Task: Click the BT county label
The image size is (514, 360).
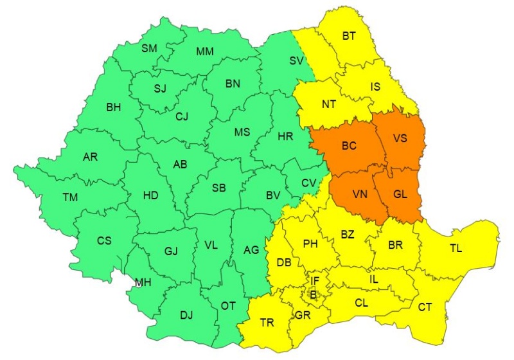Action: pos(349,36)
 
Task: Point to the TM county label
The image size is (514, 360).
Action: pos(69,197)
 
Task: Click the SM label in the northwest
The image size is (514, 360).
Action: pos(149,48)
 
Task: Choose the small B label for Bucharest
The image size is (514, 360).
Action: pos(314,294)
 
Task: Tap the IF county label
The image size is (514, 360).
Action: pos(314,281)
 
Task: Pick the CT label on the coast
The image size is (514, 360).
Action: pos(425,307)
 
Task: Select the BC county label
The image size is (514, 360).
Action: pos(349,147)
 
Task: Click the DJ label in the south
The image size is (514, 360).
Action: pos(186,315)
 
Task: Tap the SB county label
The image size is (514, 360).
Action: pos(218,188)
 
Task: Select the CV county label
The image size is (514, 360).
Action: pos(309,183)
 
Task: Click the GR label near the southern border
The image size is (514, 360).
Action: pos(303,316)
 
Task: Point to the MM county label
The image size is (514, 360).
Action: pos(206,51)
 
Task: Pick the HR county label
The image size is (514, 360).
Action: pos(285,137)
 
